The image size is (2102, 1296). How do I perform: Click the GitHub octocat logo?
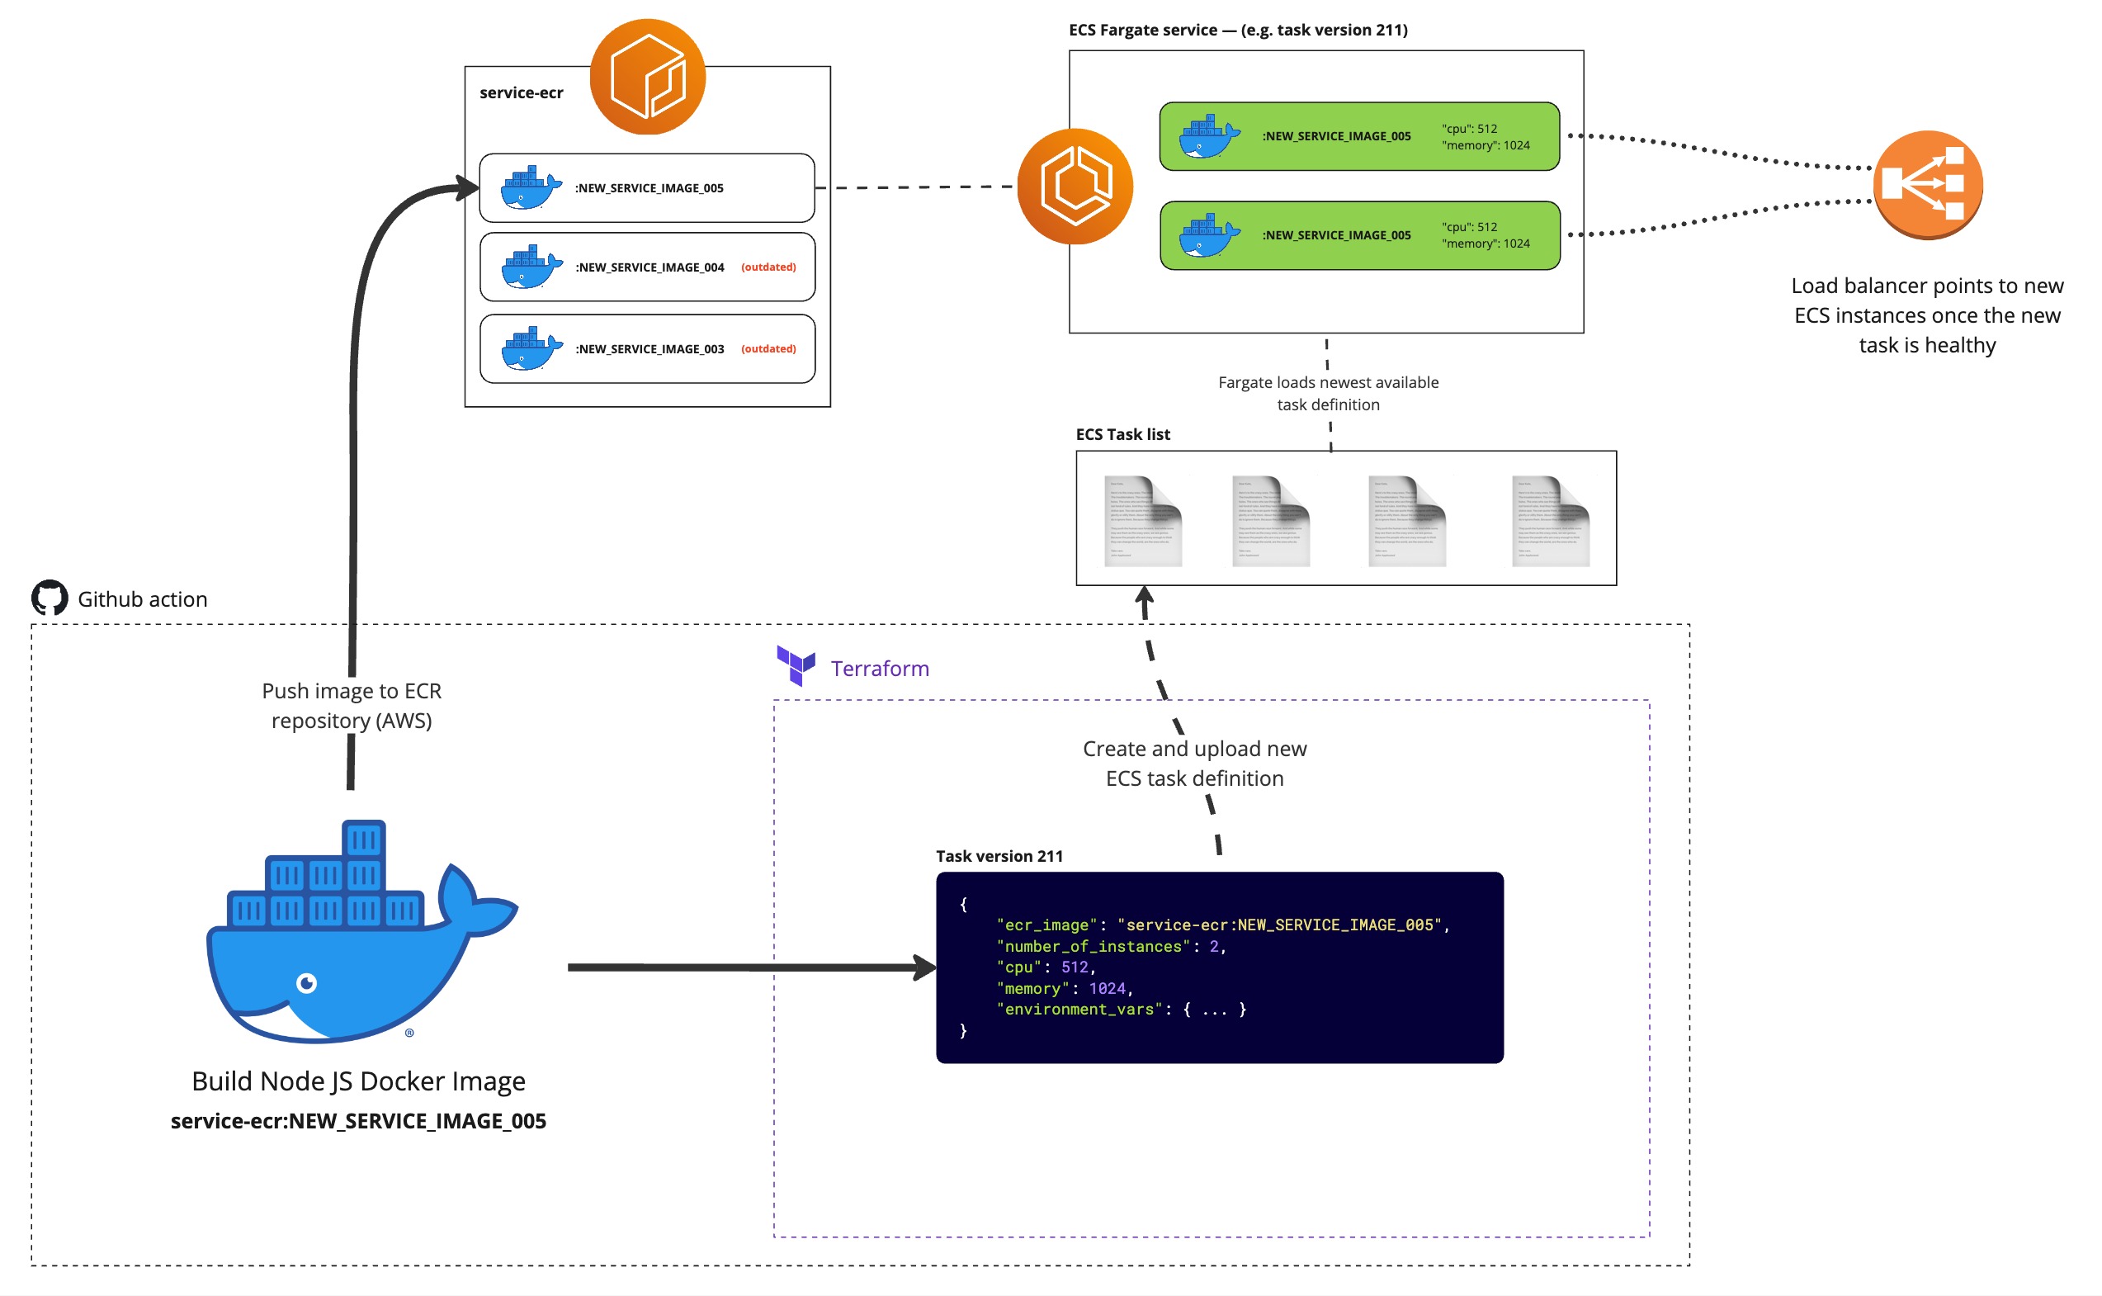pyautogui.click(x=50, y=598)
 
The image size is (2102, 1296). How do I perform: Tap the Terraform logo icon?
pyautogui.click(x=796, y=665)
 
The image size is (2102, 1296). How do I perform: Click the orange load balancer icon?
pyautogui.click(x=1927, y=184)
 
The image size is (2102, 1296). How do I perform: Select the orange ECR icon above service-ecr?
pyautogui.click(x=647, y=77)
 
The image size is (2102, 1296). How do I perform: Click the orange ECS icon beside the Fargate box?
pyautogui.click(x=1075, y=186)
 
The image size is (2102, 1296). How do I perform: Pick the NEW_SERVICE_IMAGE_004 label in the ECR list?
pyautogui.click(x=649, y=267)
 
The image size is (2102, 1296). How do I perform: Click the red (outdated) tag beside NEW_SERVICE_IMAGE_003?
pyautogui.click(x=768, y=349)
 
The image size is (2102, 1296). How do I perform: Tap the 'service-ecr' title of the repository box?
pyautogui.click(x=521, y=92)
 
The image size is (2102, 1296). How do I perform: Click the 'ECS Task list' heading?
pyautogui.click(x=1122, y=434)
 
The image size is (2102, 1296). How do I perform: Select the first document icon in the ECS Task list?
pyautogui.click(x=1142, y=520)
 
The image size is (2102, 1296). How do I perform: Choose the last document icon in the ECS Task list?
pyautogui.click(x=1550, y=520)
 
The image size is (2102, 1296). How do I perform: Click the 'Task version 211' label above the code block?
pyautogui.click(x=999, y=856)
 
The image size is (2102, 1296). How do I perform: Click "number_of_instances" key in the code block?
pyautogui.click(x=1093, y=946)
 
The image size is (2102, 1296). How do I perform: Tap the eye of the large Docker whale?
pyautogui.click(x=306, y=982)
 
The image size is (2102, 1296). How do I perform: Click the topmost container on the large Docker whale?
pyautogui.click(x=363, y=839)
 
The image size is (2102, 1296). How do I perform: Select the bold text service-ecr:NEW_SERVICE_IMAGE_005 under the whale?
pyautogui.click(x=358, y=1121)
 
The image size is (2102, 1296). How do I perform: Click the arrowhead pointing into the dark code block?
pyautogui.click(x=925, y=967)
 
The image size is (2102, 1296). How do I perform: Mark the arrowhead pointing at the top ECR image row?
pyautogui.click(x=468, y=187)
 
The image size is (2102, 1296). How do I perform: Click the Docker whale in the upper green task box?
pyautogui.click(x=1208, y=137)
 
